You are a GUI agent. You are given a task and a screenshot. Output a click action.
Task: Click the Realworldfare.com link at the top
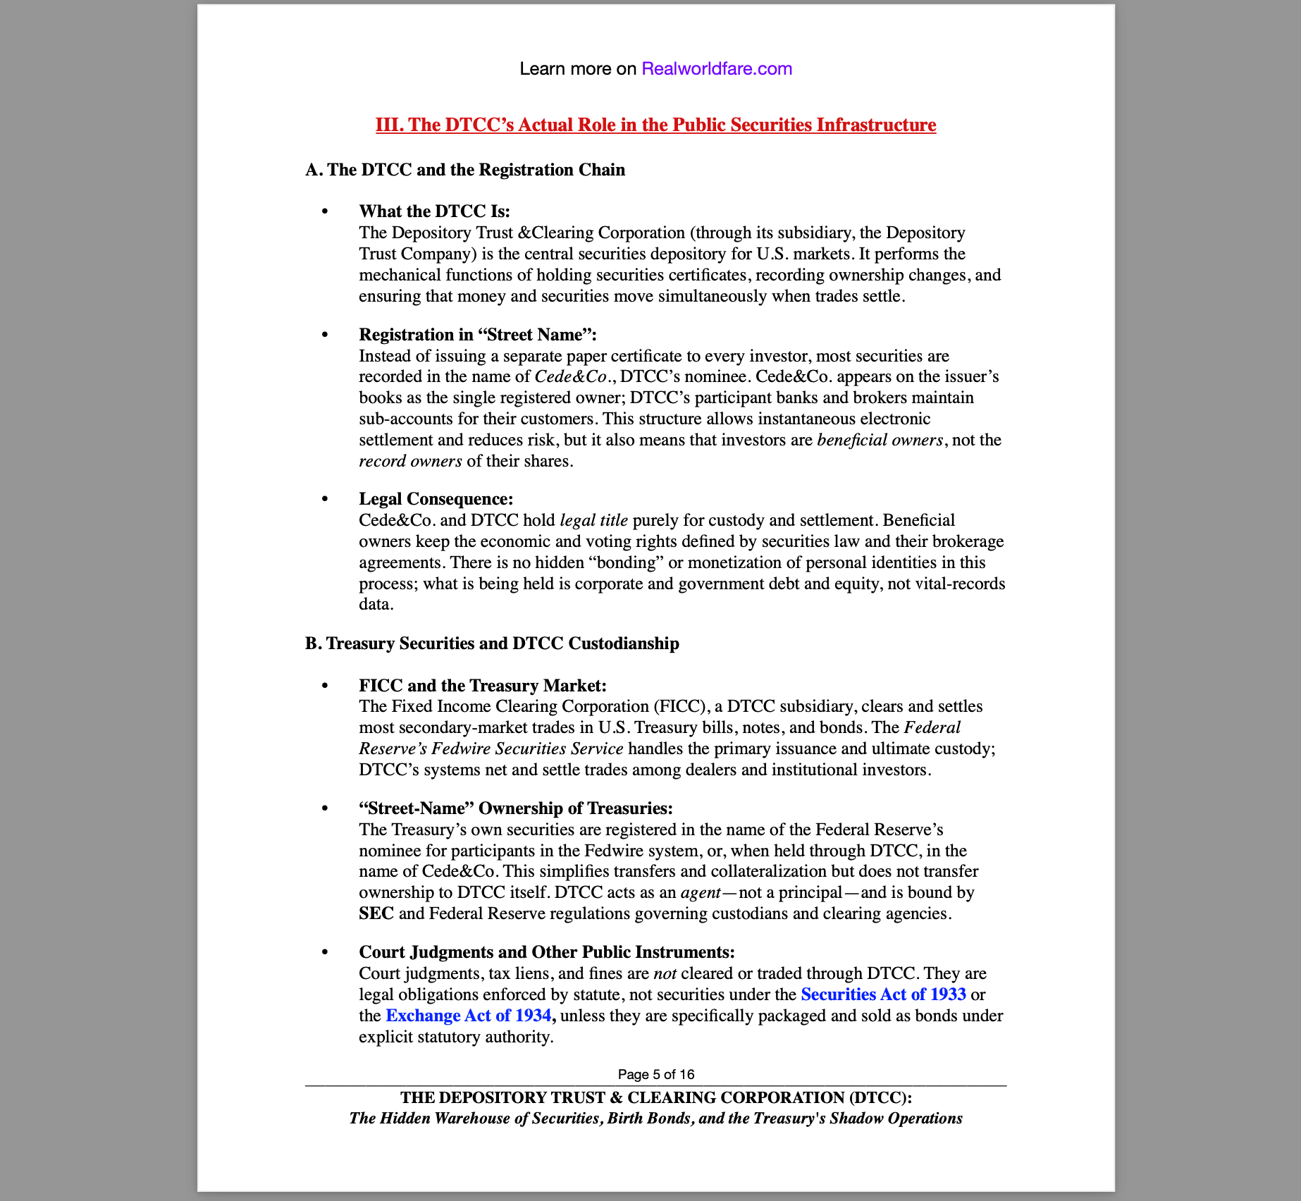coord(716,68)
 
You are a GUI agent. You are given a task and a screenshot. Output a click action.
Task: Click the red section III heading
coord(655,125)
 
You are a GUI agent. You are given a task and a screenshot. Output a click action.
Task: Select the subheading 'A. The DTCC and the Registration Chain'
coord(465,170)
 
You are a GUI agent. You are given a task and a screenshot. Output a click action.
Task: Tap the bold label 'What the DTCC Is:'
coord(434,211)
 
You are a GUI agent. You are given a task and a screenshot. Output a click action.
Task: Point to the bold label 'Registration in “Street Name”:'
coord(477,335)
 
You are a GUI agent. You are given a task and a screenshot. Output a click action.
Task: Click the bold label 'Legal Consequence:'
coord(436,499)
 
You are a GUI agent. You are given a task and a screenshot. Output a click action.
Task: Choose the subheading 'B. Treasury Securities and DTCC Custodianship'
coord(492,643)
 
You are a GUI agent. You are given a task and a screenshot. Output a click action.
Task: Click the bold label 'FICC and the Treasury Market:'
coord(482,686)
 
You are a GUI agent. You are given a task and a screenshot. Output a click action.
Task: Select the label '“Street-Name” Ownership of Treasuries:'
coord(516,808)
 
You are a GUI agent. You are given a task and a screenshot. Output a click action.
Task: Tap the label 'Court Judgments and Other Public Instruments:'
coord(547,952)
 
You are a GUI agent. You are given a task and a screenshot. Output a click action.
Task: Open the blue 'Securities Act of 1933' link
coord(883,994)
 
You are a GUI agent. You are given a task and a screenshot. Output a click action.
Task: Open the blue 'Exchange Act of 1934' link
coord(469,1016)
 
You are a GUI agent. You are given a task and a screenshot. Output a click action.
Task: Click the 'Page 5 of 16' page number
coord(655,1074)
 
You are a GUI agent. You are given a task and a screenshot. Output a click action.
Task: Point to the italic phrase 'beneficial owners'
coord(880,440)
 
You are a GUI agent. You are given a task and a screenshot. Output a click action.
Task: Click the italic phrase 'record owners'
coord(410,461)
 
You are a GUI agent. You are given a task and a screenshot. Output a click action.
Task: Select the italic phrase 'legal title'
coord(593,520)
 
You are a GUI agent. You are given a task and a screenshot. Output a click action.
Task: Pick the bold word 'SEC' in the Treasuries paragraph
coord(376,913)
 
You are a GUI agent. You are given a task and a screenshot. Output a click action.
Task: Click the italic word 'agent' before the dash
coord(701,892)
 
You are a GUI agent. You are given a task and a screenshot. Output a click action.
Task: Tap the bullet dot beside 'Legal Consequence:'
coord(325,499)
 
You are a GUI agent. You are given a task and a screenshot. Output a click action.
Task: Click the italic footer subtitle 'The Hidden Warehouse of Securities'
coord(655,1119)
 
